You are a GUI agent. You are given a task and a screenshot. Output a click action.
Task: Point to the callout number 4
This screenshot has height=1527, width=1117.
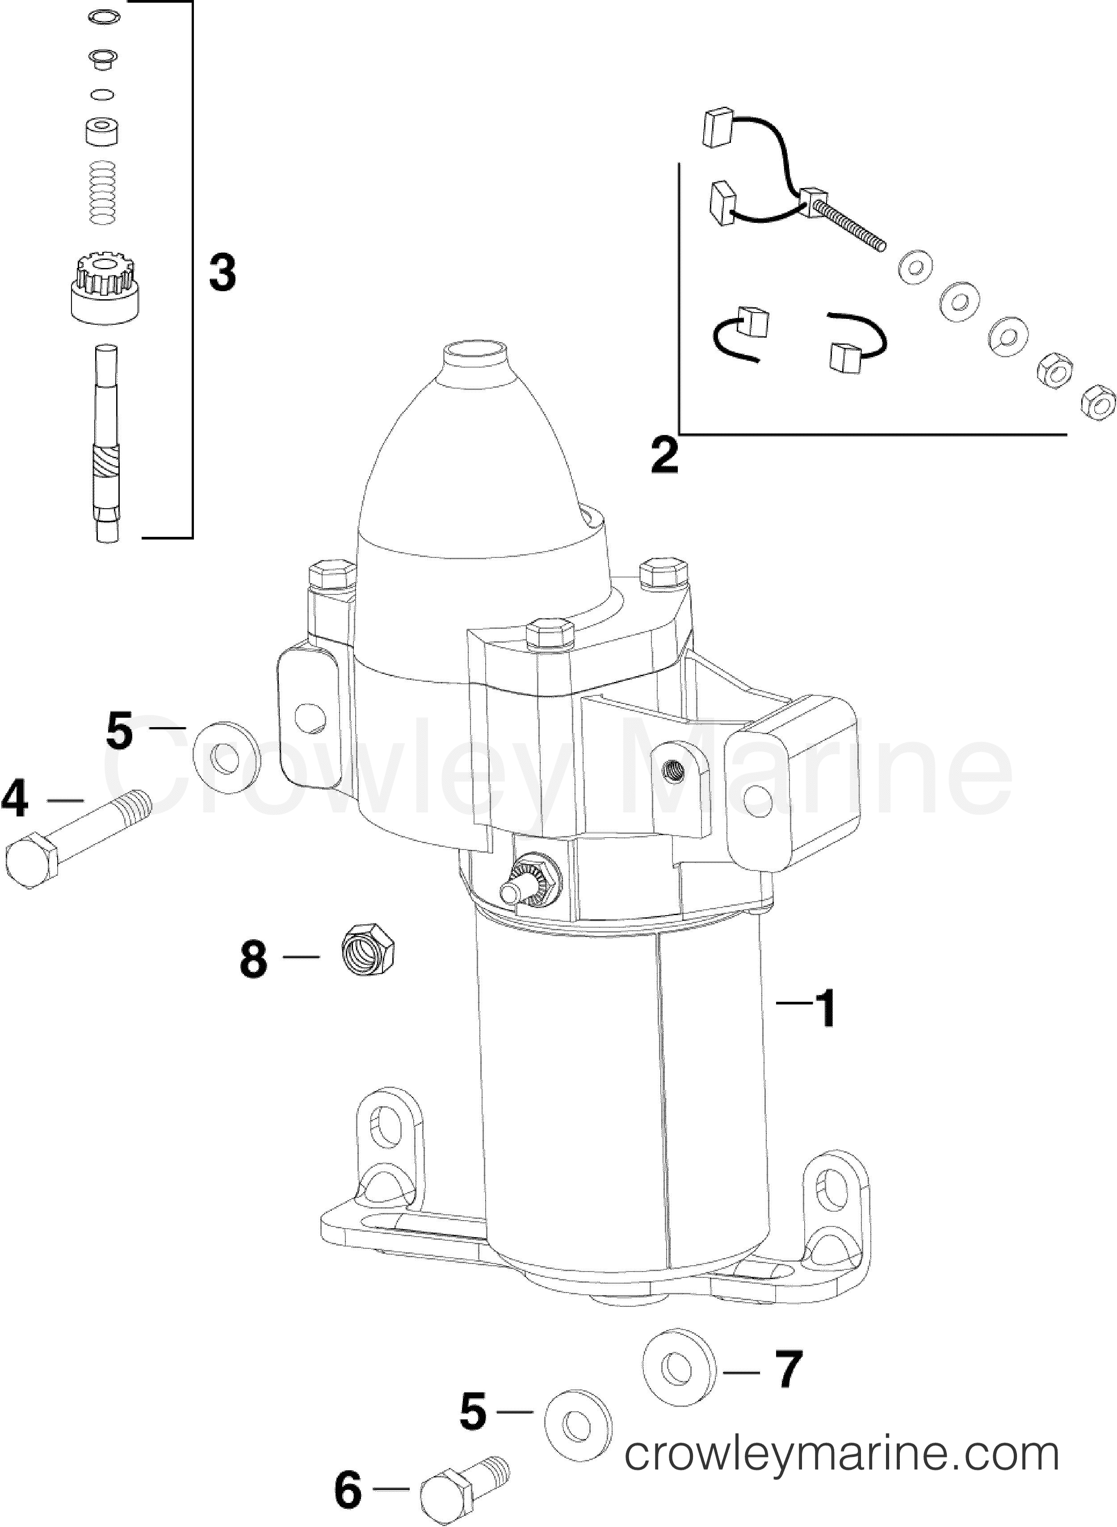[x=15, y=799]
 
